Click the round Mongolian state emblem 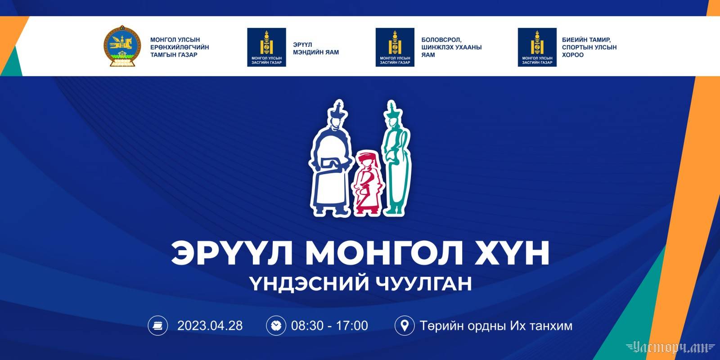coord(122,46)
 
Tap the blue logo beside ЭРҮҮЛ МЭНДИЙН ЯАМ coord(266,47)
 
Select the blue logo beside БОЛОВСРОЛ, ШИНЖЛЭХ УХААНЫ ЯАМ coord(395,47)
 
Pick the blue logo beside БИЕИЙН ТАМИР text coord(537,47)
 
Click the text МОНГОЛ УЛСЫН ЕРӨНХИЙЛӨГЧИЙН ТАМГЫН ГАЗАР coord(180,47)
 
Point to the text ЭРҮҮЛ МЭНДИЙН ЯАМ coord(315,49)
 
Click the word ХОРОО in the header coord(573,55)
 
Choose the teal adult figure coord(396,157)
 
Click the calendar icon coord(157,326)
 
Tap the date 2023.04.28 coord(210,326)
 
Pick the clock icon coord(276,326)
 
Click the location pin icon coord(405,326)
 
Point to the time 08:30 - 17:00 coord(329,326)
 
